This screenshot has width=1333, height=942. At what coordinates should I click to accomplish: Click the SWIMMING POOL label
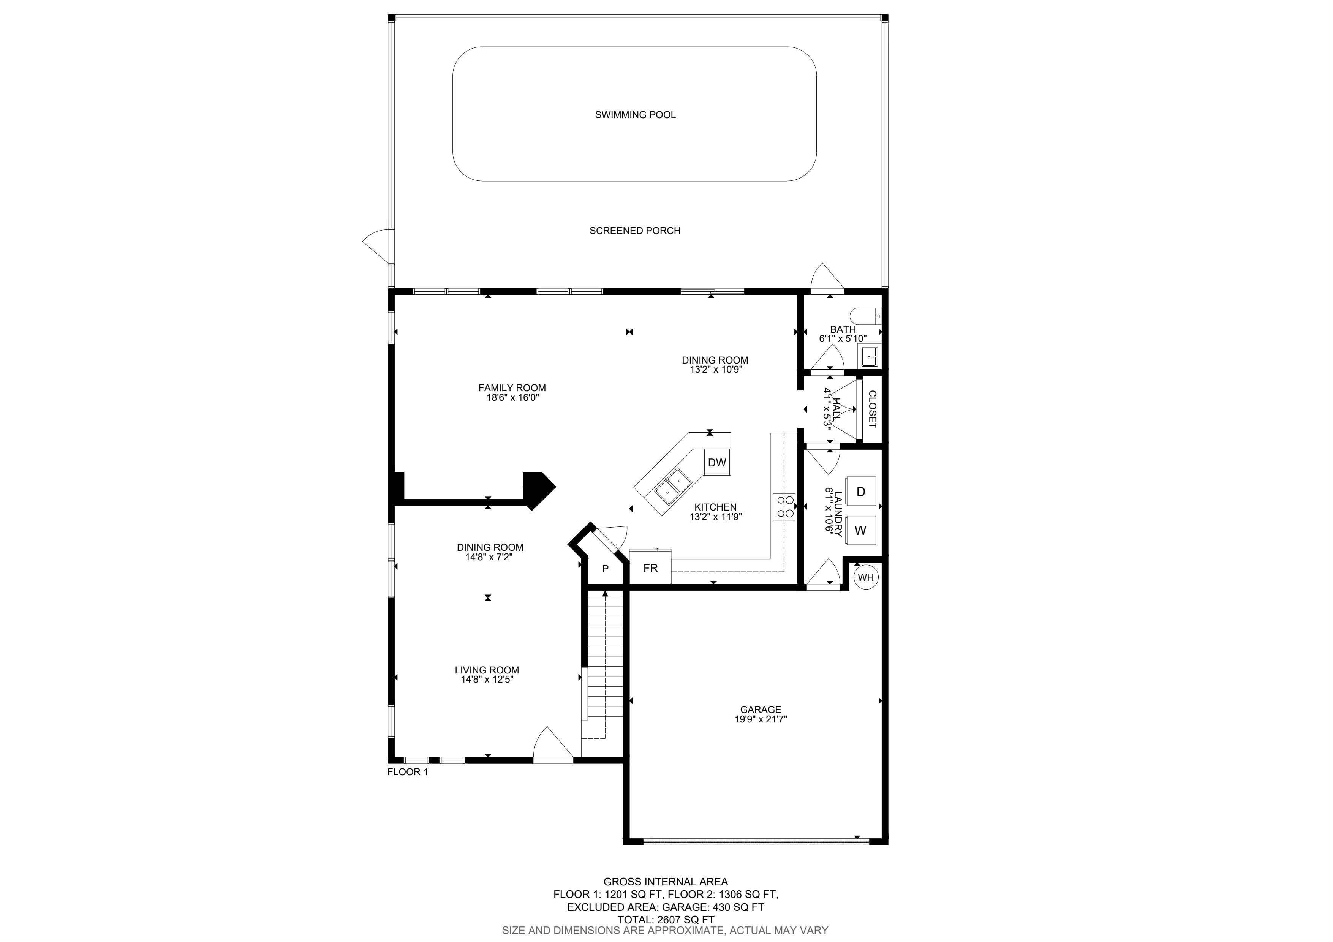(x=635, y=115)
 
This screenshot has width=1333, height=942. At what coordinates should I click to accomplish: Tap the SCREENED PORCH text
(x=634, y=231)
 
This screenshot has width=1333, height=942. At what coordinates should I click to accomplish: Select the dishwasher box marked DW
(x=717, y=463)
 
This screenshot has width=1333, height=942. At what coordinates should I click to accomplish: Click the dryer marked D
(x=860, y=492)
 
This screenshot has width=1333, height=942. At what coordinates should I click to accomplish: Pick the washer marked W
(x=860, y=530)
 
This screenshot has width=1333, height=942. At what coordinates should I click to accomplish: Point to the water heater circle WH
(x=866, y=577)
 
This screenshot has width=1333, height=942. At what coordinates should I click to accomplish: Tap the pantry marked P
(x=605, y=569)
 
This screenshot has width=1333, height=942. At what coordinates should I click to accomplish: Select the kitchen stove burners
(x=784, y=507)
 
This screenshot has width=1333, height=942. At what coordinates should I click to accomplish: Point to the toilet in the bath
(x=866, y=316)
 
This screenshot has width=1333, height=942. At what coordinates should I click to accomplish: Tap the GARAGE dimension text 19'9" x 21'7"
(x=761, y=719)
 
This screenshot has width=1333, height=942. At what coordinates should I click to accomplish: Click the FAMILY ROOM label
(x=512, y=388)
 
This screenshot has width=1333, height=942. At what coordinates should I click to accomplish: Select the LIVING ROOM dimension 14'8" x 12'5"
(x=487, y=680)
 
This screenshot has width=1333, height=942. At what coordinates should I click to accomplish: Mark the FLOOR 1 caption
(x=408, y=772)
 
